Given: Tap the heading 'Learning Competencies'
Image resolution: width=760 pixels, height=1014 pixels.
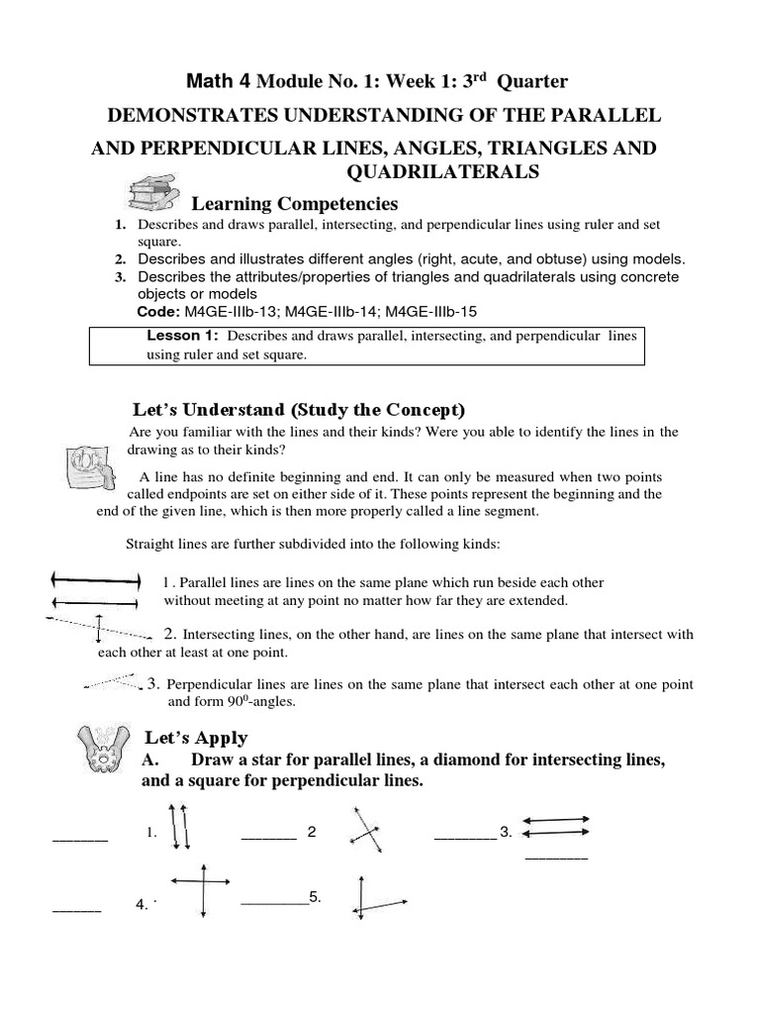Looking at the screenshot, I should coord(294,204).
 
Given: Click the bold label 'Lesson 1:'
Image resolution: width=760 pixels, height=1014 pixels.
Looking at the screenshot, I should coord(182,337).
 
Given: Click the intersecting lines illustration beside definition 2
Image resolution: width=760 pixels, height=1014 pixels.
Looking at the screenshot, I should coord(98,627).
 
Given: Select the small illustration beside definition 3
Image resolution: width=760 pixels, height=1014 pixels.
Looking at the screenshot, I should coord(111,681).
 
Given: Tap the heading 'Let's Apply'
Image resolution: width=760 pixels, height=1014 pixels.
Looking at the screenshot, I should coord(196,738).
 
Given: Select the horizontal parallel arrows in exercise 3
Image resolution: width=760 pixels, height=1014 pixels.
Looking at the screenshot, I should coord(555,825).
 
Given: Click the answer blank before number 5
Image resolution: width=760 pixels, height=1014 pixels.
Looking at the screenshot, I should coord(273,901).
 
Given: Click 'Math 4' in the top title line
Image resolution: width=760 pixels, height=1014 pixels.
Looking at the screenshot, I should coord(208,80).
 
